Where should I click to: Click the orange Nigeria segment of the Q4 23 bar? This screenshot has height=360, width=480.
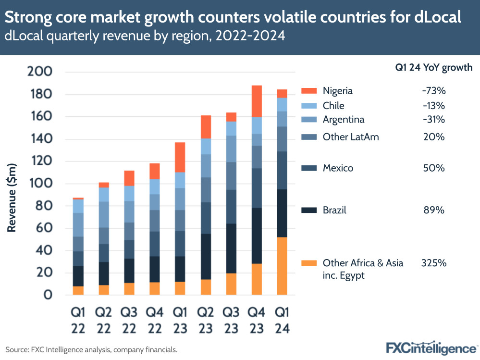[257, 101]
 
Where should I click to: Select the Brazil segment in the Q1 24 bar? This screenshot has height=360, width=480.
[282, 213]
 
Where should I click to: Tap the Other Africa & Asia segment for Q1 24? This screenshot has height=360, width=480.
[282, 266]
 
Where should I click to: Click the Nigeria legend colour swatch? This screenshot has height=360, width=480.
[309, 91]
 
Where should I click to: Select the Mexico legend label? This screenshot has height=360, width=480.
[338, 168]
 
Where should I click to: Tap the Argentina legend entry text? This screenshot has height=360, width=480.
[344, 120]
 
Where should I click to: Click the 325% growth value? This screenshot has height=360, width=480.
[434, 263]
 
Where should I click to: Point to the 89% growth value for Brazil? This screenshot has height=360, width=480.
[434, 210]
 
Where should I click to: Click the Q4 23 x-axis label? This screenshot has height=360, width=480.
[257, 320]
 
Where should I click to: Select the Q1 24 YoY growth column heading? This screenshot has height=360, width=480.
[433, 68]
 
